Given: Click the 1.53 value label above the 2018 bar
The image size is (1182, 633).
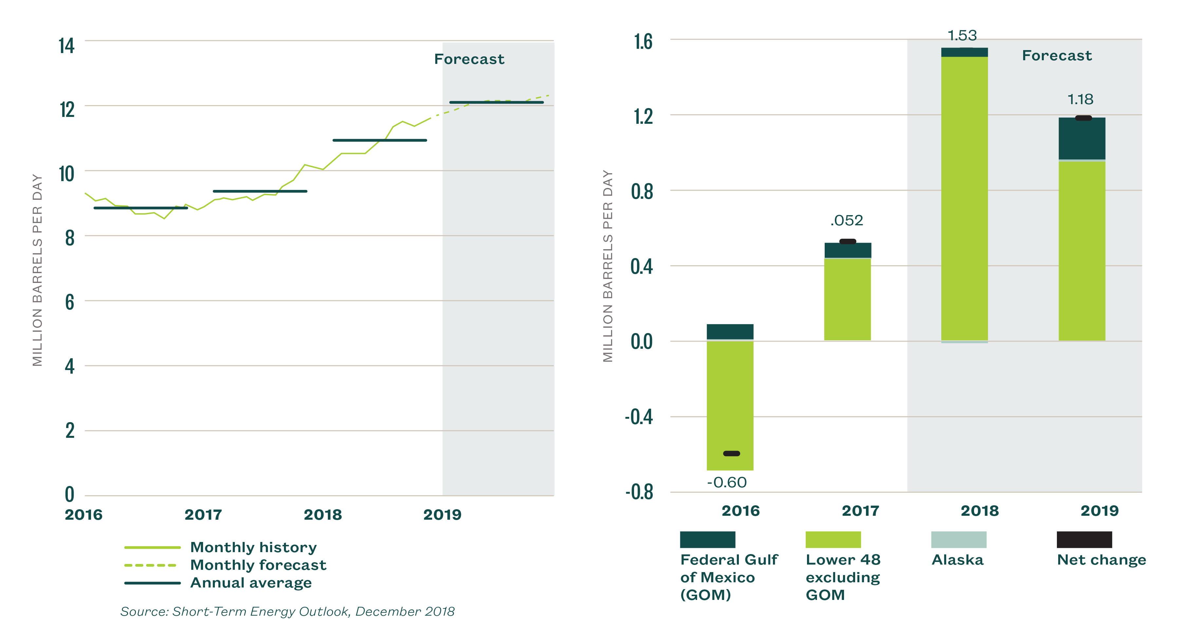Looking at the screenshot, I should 962,35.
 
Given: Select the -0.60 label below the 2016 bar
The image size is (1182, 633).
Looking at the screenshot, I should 727,483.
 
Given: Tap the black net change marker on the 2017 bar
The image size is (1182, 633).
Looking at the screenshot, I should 848,241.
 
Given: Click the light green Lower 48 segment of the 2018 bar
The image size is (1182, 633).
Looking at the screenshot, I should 964,197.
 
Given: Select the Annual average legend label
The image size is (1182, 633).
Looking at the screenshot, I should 251,583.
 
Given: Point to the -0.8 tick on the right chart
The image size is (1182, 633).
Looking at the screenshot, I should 639,492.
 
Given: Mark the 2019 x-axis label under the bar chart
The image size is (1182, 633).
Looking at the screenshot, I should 1099,511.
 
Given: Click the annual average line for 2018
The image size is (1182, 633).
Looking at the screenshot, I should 380,140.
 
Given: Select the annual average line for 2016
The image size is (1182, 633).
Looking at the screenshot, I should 141,208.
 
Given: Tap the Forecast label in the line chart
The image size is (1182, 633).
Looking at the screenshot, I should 469,59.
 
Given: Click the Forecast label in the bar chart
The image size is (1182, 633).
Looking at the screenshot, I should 1057,55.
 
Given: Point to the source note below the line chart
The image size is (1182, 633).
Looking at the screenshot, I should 287,611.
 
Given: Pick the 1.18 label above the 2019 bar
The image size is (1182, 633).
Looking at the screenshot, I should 1080,99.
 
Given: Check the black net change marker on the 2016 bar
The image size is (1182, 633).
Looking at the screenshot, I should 731,454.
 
